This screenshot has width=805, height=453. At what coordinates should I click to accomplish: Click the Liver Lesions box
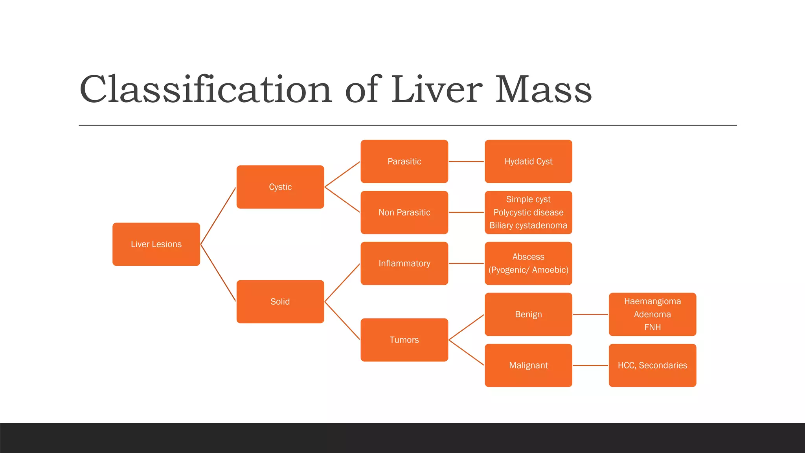(156, 244)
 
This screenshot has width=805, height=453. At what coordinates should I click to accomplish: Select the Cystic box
(280, 187)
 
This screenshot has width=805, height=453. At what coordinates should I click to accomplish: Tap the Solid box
(280, 302)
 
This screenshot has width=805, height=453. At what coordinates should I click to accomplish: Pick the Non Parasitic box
(404, 212)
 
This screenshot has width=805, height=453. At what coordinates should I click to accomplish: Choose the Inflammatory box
(404, 263)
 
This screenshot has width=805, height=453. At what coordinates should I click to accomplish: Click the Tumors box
(404, 340)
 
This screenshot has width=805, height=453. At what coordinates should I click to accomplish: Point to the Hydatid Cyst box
(528, 161)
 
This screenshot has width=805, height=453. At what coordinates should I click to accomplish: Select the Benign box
(528, 314)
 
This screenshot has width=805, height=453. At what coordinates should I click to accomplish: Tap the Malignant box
(528, 365)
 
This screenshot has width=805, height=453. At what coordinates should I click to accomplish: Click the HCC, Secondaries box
(652, 365)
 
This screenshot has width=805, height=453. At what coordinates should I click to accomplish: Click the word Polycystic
(511, 212)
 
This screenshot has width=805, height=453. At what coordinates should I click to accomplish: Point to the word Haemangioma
(652, 301)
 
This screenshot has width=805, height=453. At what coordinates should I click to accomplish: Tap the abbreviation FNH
(652, 327)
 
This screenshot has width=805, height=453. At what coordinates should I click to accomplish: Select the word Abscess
(528, 257)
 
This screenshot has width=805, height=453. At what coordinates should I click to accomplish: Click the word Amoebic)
(550, 270)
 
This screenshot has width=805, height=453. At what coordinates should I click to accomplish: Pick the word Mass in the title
(543, 89)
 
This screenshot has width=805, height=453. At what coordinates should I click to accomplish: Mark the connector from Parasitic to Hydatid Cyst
(466, 161)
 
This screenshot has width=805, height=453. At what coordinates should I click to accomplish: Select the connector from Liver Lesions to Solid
(218, 273)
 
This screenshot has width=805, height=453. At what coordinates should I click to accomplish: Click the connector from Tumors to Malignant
(466, 353)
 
